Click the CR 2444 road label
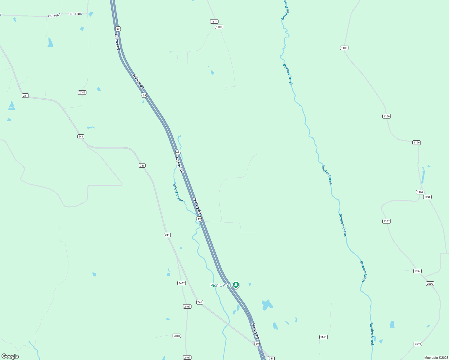54,16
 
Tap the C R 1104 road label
75,14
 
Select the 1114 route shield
214,22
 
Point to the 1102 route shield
219,27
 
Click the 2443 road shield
82,92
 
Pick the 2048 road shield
177,336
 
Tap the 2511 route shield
323,337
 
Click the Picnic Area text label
221,285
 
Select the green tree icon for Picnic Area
236,285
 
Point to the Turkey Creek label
178,192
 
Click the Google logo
10,356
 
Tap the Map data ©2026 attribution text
436,358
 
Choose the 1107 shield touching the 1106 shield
420,192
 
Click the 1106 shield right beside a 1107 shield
427,197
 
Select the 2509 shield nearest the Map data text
418,344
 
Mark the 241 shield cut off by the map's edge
271,358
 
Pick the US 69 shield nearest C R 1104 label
118,29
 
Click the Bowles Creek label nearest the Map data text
372,334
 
